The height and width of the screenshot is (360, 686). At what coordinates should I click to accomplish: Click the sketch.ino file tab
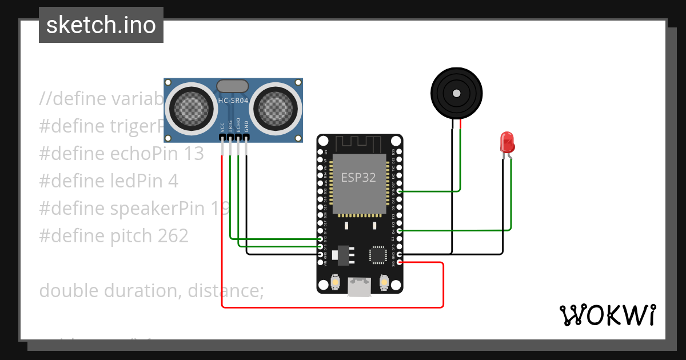[101, 25]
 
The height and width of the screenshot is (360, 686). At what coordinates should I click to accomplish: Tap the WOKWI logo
[607, 315]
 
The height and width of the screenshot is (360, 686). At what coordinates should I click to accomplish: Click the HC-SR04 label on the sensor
[233, 101]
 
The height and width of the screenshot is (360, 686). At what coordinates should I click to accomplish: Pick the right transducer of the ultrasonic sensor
[276, 107]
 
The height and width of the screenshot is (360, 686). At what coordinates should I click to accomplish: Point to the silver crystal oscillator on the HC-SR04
[233, 86]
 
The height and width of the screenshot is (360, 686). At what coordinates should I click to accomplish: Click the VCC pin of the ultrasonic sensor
[222, 138]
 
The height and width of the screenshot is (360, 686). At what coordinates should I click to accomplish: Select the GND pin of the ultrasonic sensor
[246, 138]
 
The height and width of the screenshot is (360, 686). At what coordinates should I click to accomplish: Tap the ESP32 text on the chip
[358, 177]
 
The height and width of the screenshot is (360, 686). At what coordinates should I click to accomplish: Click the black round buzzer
[456, 93]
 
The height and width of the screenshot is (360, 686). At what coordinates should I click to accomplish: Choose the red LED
[506, 142]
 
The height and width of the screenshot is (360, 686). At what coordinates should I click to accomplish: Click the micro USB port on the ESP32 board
[360, 287]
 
